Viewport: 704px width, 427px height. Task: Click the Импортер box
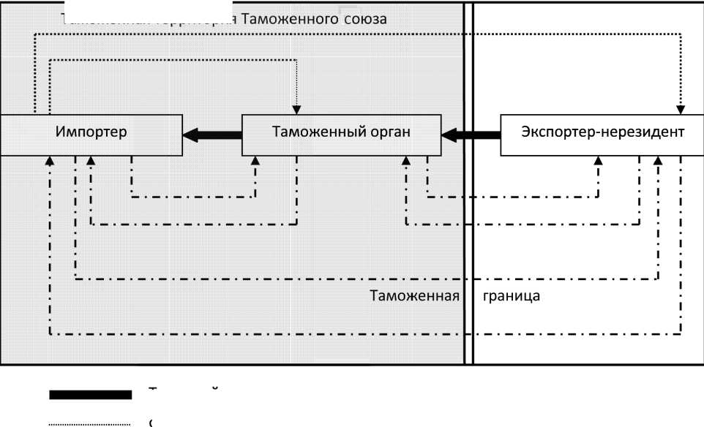91,134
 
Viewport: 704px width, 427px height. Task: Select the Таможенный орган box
341,134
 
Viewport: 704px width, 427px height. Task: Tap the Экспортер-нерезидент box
602,134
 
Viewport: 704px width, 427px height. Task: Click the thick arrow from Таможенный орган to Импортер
212,134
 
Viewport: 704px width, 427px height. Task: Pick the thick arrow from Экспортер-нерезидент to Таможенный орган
471,134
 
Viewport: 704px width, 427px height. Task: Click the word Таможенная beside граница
414,297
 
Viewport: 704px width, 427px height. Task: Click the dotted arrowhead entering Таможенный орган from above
296,110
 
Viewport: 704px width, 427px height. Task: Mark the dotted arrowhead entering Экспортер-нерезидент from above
680,110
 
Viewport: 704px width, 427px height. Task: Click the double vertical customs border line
468,219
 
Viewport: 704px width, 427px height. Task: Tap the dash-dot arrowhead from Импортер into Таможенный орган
256,159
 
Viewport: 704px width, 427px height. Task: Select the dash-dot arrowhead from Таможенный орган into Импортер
91,159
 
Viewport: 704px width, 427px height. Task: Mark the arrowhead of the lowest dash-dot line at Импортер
50,159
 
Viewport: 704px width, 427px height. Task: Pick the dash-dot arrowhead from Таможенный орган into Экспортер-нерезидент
599,159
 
